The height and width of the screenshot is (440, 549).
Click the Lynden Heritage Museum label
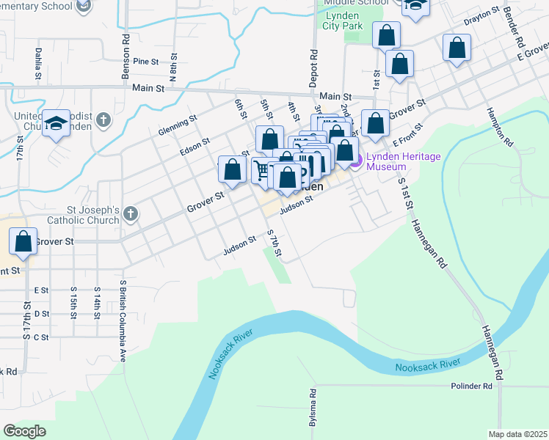click(x=397, y=161)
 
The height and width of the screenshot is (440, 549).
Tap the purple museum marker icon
click(x=356, y=161)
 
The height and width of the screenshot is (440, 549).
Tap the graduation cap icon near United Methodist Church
click(x=55, y=125)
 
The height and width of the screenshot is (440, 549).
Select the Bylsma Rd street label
click(x=312, y=408)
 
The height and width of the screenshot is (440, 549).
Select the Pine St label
click(x=146, y=62)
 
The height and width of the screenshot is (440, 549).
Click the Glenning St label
click(x=178, y=125)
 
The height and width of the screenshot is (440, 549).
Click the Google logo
click(x=25, y=431)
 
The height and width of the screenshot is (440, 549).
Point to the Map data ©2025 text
click(x=517, y=434)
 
